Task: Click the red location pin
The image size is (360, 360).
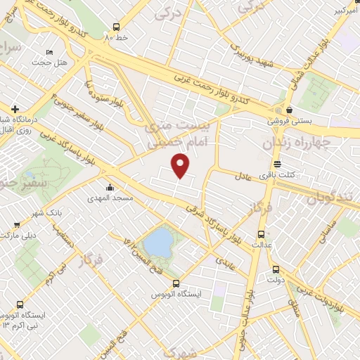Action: pyautogui.click(x=181, y=166)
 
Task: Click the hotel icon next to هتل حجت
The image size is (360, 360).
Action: pyautogui.click(x=48, y=52)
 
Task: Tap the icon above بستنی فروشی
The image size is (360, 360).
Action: pyautogui.click(x=290, y=110)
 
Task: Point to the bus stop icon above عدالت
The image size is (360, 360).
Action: pyautogui.click(x=262, y=234)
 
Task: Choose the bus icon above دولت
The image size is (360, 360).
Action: pyautogui.click(x=276, y=269)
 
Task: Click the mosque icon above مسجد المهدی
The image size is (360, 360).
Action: pyautogui.click(x=111, y=188)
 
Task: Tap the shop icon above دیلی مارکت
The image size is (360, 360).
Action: pyautogui.click(x=15, y=225)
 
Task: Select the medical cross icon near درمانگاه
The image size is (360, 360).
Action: pyautogui.click(x=14, y=110)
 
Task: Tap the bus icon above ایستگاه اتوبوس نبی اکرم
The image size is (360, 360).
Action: pyautogui.click(x=19, y=305)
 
